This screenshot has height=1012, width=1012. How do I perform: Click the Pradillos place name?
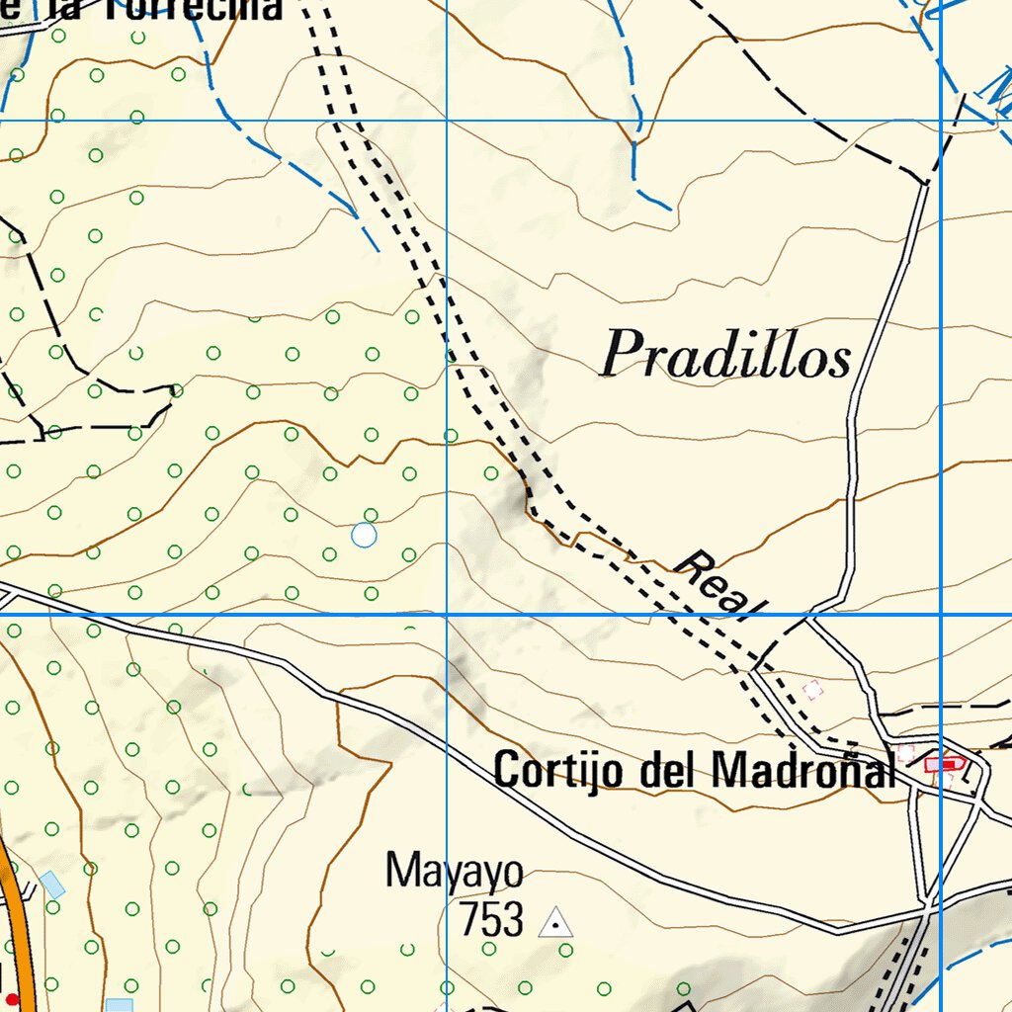click(x=726, y=355)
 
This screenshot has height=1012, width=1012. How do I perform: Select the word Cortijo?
click(x=559, y=770)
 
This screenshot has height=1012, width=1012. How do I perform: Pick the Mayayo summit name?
click(x=454, y=872)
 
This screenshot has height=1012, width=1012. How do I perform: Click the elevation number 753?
click(x=490, y=920)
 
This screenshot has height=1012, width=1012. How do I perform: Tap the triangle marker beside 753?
click(x=555, y=923)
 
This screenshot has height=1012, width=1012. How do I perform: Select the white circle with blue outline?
click(x=364, y=535)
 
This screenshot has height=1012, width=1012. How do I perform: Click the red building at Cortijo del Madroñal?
click(x=944, y=762)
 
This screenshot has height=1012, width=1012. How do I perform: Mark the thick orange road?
click(x=18, y=919)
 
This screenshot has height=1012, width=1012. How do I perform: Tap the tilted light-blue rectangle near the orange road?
click(x=53, y=885)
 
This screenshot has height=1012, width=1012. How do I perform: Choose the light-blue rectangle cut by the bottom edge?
click(x=119, y=1005)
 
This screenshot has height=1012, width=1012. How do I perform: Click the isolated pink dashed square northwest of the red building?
click(x=812, y=689)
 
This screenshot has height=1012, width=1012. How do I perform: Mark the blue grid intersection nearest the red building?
click(x=941, y=615)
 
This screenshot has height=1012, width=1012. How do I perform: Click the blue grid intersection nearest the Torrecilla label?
click(x=447, y=121)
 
